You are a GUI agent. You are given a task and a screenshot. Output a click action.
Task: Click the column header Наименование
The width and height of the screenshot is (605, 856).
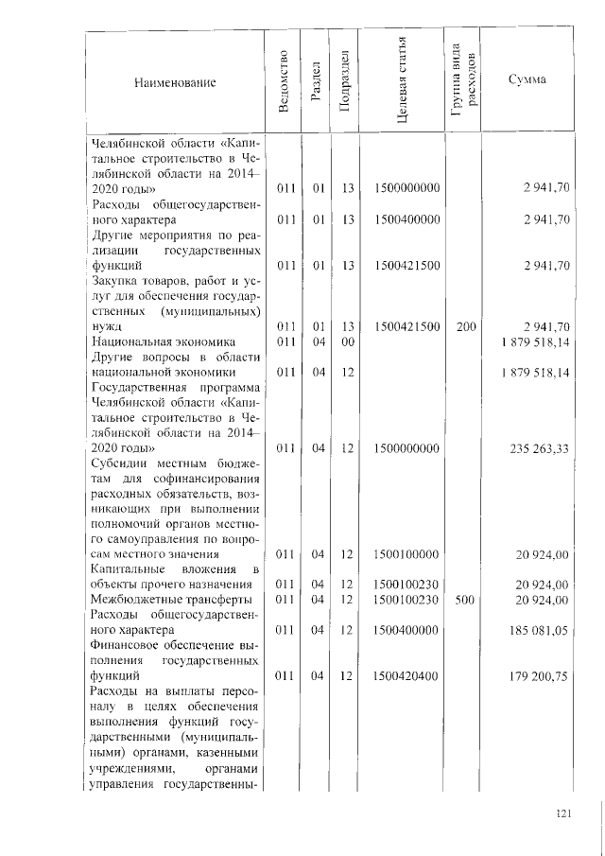coord(174,83)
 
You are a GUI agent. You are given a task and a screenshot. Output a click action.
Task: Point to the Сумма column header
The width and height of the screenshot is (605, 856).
coord(527,79)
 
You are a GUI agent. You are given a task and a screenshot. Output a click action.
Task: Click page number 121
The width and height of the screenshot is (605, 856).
coord(566,812)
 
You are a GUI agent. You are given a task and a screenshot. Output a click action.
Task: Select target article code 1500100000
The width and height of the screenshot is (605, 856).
coord(406,553)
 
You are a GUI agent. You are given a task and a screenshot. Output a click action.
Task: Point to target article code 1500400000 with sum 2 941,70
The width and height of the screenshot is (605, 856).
coord(406,219)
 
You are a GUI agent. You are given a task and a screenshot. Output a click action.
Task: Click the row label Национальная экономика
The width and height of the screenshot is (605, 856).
coord(163,341)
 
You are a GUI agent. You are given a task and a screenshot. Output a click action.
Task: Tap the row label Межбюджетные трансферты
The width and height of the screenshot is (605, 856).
coord(170,600)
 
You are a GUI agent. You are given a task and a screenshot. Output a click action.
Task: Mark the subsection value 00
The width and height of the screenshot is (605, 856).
coord(347,341)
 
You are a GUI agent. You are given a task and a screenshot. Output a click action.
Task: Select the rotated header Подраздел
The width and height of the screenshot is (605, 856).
coord(347,82)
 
